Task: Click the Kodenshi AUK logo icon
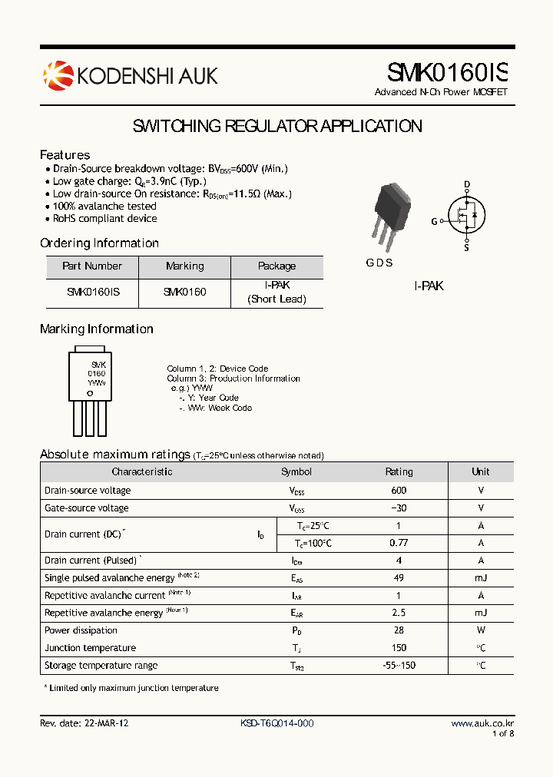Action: [x=58, y=74]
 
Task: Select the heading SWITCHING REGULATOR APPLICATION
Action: [x=277, y=126]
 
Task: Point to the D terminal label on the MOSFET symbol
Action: [x=466, y=184]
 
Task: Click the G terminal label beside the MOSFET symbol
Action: [x=434, y=221]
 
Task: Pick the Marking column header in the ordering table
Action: [x=184, y=266]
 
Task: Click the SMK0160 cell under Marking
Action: [x=184, y=292]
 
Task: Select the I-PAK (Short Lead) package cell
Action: [x=276, y=292]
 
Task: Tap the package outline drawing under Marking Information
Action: [x=90, y=392]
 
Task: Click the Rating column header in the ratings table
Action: [x=399, y=472]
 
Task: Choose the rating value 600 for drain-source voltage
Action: [x=399, y=491]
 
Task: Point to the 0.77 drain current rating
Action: [x=399, y=543]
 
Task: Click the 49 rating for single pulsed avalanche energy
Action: [x=399, y=578]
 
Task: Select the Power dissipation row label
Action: [x=81, y=630]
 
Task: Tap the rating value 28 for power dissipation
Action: [x=399, y=630]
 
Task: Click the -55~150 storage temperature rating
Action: [x=399, y=666]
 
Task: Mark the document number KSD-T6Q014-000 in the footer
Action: [x=276, y=723]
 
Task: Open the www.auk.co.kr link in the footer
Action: [x=482, y=723]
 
